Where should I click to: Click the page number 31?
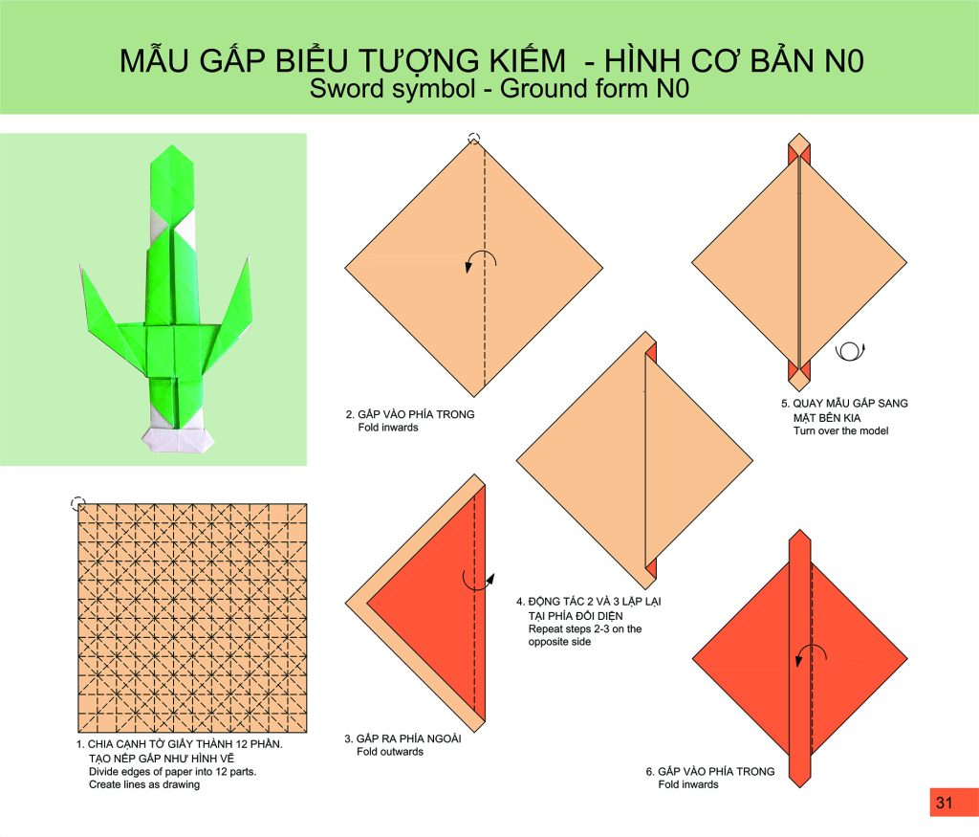[x=944, y=803]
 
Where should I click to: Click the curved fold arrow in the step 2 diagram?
[x=481, y=261]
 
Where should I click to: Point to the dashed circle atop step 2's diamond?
[x=474, y=139]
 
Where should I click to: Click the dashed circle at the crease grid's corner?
[x=78, y=503]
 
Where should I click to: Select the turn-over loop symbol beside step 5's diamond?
[x=850, y=351]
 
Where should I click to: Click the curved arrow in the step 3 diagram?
[x=478, y=581]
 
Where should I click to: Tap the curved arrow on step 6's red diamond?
[x=811, y=654]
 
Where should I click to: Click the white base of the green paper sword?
[x=178, y=438]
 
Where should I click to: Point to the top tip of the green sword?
[x=172, y=145]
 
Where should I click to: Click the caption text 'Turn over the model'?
[x=840, y=431]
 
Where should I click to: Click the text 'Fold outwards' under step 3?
[x=390, y=752]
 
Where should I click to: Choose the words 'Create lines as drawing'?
[x=144, y=784]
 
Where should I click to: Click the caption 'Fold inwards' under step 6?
[x=688, y=784]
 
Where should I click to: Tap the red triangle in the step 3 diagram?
[x=437, y=601]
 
